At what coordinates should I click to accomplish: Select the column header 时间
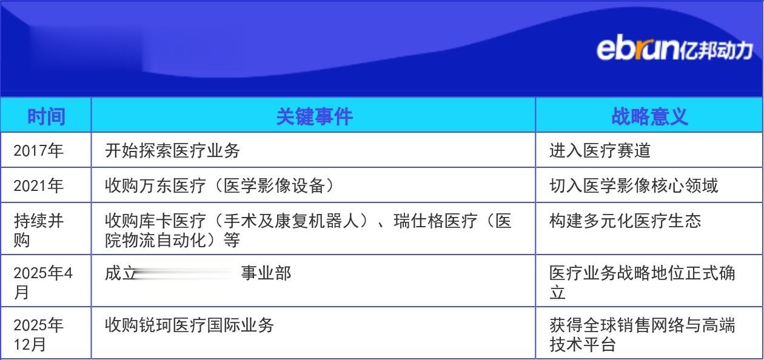(x=46, y=115)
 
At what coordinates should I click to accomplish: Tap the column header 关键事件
(x=314, y=115)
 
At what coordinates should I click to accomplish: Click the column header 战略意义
(x=649, y=115)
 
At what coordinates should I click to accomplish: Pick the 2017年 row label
(x=39, y=150)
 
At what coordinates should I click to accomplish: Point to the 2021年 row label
(x=39, y=185)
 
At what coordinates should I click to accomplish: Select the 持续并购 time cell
(x=39, y=230)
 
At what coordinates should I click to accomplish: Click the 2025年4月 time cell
(x=43, y=282)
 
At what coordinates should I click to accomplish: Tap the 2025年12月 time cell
(x=39, y=335)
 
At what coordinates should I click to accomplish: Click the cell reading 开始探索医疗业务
(x=173, y=150)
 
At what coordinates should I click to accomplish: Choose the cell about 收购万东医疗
(x=219, y=185)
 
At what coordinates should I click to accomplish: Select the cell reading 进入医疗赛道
(x=600, y=150)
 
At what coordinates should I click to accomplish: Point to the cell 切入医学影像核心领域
(x=634, y=185)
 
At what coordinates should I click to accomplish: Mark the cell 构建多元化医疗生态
(x=625, y=221)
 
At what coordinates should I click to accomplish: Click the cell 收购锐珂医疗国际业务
(x=189, y=325)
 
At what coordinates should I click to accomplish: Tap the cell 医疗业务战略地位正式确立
(x=642, y=282)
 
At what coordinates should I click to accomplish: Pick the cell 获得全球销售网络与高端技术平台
(x=642, y=335)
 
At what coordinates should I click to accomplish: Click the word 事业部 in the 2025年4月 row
(x=266, y=273)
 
